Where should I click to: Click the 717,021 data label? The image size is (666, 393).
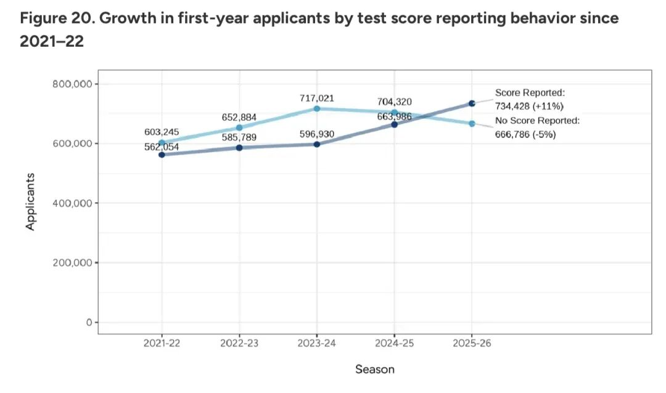click(x=317, y=98)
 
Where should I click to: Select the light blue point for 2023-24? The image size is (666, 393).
click(x=317, y=108)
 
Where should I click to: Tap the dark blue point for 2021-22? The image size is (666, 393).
click(x=162, y=155)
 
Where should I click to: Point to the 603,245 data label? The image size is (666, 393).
click(x=162, y=132)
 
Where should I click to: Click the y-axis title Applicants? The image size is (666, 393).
click(x=30, y=202)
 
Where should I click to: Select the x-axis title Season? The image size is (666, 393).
click(x=374, y=370)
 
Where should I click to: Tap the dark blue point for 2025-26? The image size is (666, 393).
click(x=472, y=103)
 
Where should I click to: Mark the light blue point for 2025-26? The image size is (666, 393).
click(x=472, y=124)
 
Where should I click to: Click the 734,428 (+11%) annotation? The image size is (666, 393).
click(x=529, y=106)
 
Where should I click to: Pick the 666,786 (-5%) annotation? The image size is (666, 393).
click(x=525, y=134)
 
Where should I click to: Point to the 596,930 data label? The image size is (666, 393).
click(x=317, y=134)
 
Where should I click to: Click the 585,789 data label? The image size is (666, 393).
click(x=239, y=137)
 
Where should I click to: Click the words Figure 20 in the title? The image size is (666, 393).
click(x=56, y=18)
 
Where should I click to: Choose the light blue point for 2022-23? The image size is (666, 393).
click(x=239, y=128)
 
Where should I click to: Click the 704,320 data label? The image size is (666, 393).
click(x=394, y=102)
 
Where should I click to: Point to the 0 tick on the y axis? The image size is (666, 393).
click(x=89, y=322)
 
